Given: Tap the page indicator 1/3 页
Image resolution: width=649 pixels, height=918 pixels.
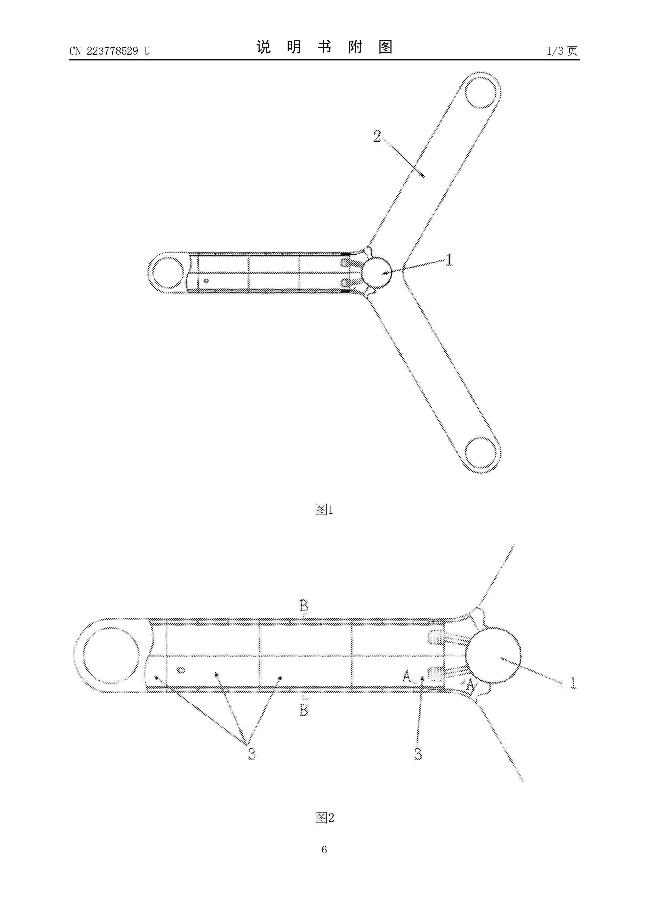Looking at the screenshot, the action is [x=562, y=51].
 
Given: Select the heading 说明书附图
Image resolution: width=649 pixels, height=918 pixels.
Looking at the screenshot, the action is [x=324, y=47].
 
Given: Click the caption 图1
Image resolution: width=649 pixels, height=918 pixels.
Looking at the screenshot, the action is [x=324, y=510].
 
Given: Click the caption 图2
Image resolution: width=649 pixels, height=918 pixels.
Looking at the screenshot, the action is [x=324, y=814].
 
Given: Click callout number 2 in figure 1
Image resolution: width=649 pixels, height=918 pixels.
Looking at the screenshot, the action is [x=377, y=136].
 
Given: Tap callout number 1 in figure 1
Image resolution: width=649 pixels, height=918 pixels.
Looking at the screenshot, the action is [x=450, y=260].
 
